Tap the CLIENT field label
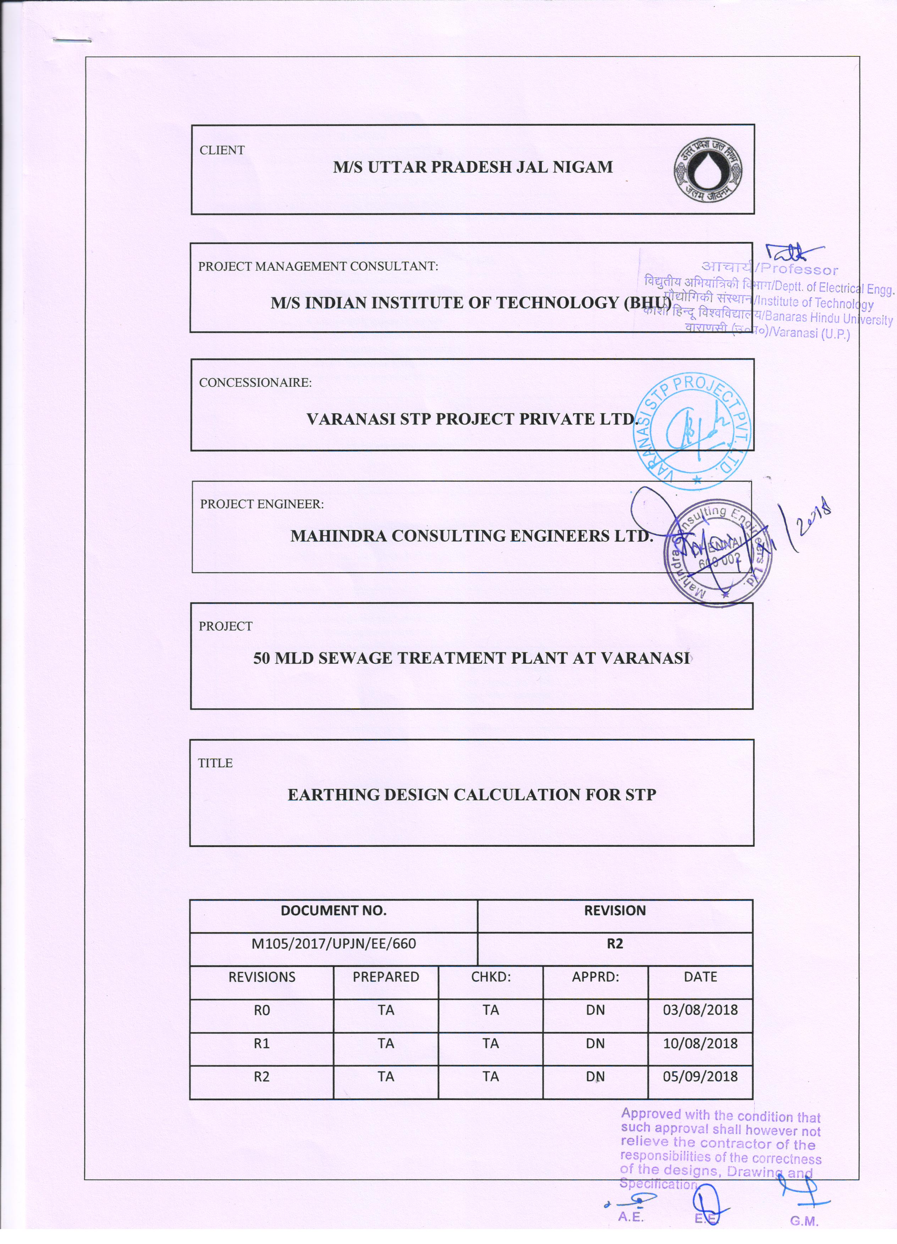click(x=222, y=150)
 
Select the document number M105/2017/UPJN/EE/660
click(x=334, y=944)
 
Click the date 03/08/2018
click(x=700, y=1010)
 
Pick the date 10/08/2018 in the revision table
click(x=700, y=1043)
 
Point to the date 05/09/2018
click(x=700, y=1077)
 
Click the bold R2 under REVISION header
click(x=615, y=944)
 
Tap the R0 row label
click(x=262, y=1010)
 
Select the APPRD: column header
click(x=595, y=977)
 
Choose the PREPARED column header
click(x=386, y=977)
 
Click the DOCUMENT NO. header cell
click(x=334, y=911)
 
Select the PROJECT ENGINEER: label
click(x=262, y=504)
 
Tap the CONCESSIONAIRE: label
click(x=255, y=383)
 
